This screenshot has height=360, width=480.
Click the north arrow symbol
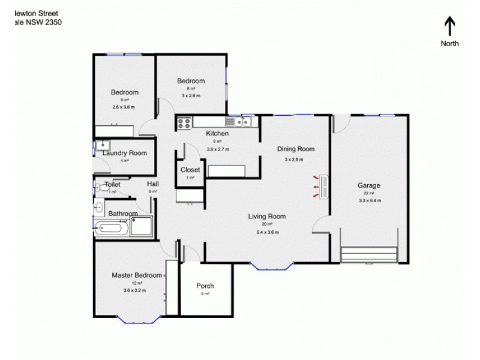tap(449, 26)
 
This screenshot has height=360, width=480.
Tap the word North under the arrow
tap(449, 43)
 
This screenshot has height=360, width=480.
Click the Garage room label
tap(369, 185)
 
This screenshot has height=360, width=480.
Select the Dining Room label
tap(295, 149)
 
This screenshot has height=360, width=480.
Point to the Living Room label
tap(267, 216)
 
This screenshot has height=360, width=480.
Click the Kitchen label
tap(217, 133)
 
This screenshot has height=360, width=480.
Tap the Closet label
tap(190, 170)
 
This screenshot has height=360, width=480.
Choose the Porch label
tap(205, 286)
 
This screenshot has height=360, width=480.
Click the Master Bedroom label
tap(137, 275)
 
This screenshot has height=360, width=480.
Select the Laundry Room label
tap(124, 153)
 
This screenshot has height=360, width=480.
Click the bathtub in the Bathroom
tap(110, 227)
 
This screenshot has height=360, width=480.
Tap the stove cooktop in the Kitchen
tap(184, 124)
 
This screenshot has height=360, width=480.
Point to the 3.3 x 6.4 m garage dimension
tap(370, 200)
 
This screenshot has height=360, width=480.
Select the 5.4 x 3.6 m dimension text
tap(267, 232)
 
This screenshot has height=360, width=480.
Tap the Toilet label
tap(112, 185)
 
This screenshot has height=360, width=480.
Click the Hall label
tap(153, 184)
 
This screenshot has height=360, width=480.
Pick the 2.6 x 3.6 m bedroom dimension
tap(124, 107)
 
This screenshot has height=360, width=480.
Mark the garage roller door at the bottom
tap(369, 254)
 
